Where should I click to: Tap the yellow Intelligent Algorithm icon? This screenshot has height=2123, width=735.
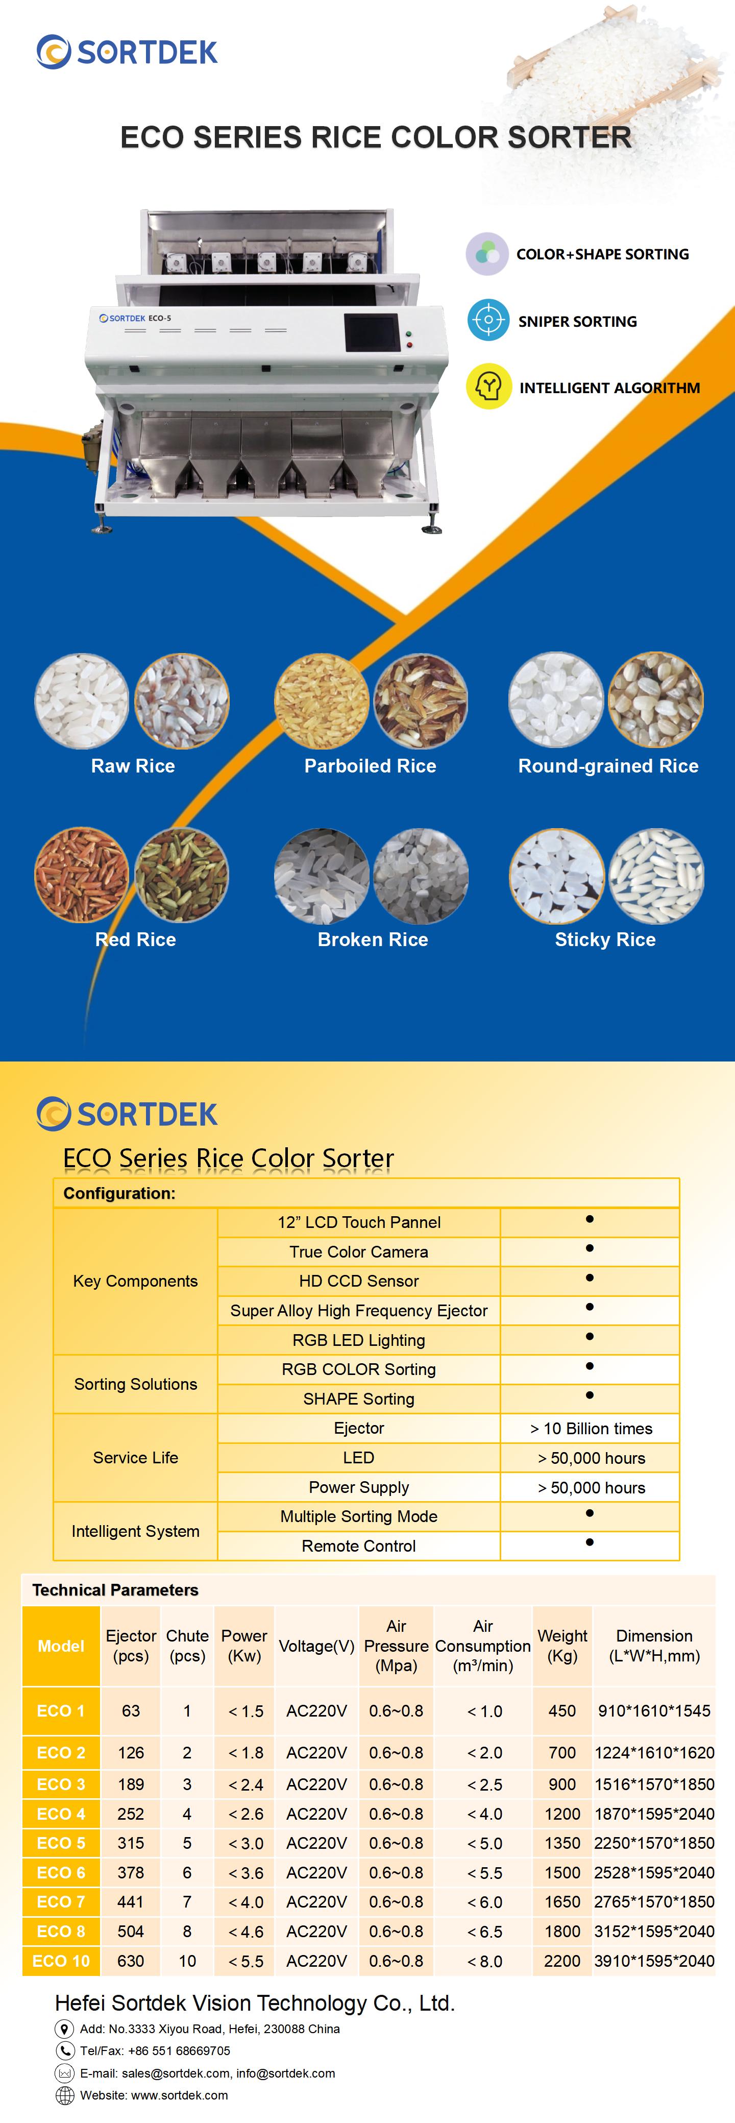488,387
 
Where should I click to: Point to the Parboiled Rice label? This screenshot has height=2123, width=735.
370,766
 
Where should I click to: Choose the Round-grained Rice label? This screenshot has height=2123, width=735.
608,766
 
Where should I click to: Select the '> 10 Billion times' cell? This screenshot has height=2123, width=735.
591,1428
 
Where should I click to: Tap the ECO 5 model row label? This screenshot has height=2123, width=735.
61,1843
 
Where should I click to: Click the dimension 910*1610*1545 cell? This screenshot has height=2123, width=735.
654,1711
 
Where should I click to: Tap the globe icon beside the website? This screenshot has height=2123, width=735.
64,2095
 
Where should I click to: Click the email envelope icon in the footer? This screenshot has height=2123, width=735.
64,2073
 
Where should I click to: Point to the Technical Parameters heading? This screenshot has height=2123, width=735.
115,1590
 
